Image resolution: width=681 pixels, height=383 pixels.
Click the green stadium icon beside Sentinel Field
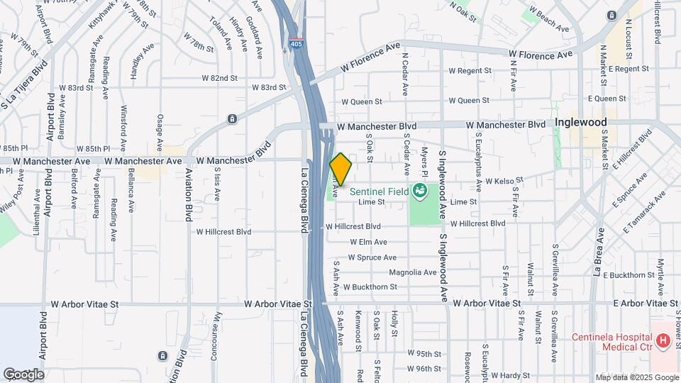[x=420, y=190]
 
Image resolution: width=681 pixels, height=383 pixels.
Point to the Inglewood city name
[x=581, y=122]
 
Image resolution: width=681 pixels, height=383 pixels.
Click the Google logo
[x=23, y=374]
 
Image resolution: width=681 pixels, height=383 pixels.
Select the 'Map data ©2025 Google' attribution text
[x=636, y=377]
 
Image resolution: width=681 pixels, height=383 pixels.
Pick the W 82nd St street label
[x=214, y=77]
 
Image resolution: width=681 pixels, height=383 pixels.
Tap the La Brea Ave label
[x=599, y=251]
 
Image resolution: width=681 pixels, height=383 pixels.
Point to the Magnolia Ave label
[x=413, y=272]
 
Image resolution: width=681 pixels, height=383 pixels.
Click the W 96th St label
[x=424, y=368]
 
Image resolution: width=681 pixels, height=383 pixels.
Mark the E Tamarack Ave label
[x=646, y=211]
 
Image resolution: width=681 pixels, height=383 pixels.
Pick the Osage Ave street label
[x=160, y=129]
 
